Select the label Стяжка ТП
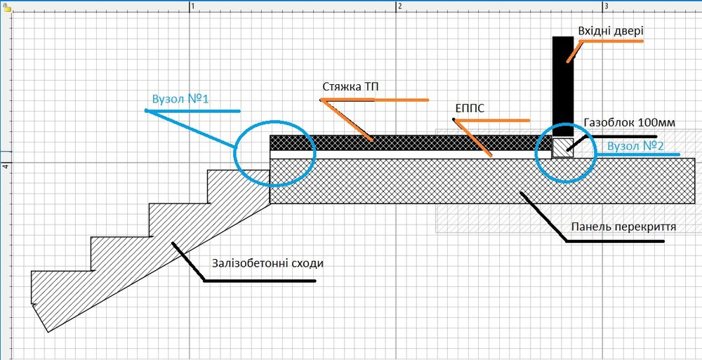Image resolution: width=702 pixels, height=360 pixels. point(350,86)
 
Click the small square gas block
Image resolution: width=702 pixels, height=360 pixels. point(563,147)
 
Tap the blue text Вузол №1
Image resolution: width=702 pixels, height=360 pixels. point(180,99)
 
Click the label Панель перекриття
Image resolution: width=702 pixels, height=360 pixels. point(623,227)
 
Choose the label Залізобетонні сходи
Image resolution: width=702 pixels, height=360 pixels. point(267,263)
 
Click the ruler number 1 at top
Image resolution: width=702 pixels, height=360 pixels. point(194,6)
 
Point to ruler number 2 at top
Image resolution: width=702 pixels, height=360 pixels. point(400,6)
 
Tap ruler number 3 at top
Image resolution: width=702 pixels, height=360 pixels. point(607,6)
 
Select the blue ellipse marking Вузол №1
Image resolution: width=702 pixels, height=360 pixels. point(234,152)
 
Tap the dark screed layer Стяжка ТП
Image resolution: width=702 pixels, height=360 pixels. point(411,142)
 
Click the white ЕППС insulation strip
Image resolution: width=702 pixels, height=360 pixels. point(411,154)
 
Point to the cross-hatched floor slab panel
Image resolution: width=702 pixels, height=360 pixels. point(482,181)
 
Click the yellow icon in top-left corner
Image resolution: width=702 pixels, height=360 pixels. point(5,8)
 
